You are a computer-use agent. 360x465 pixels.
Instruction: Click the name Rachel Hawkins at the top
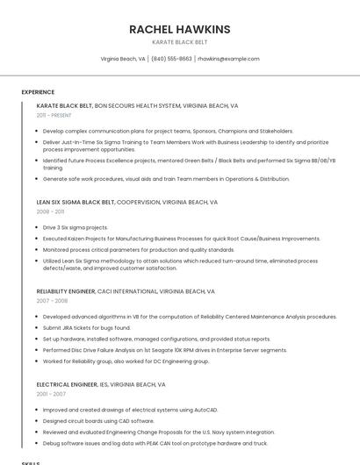pyautogui.click(x=179, y=29)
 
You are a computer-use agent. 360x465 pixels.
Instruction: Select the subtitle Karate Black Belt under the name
pyautogui.click(x=179, y=42)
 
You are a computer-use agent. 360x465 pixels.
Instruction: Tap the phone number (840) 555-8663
pyautogui.click(x=171, y=59)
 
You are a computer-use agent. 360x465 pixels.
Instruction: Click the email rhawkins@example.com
pyautogui.click(x=228, y=59)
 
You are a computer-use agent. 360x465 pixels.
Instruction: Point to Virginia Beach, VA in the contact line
pyautogui.click(x=123, y=59)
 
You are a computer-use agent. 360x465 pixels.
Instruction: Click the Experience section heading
pyautogui.click(x=38, y=92)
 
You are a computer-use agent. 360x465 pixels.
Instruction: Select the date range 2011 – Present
pyautogui.click(x=54, y=115)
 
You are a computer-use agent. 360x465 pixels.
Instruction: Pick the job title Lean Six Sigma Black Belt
pyautogui.click(x=76, y=202)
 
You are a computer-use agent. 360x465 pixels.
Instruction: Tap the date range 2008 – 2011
pyautogui.click(x=50, y=211)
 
